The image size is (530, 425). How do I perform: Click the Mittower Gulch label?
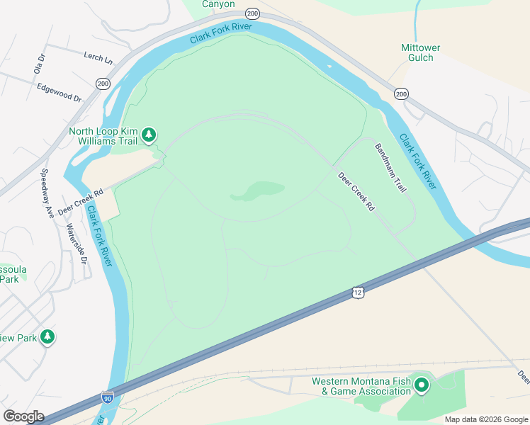421,52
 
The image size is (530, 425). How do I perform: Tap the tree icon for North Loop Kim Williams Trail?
149,134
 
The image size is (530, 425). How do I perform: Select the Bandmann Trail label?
390,169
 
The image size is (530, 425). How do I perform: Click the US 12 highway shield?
359,293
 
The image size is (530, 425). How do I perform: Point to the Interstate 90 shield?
108,398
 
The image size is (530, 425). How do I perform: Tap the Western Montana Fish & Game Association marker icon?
422,385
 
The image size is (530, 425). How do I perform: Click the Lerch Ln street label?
98,57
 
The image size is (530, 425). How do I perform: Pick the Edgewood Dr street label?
60,92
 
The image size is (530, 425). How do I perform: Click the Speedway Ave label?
47,192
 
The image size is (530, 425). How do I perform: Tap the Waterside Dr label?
77,244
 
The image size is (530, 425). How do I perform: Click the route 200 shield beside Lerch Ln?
103,84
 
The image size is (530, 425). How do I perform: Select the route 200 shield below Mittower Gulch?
401,93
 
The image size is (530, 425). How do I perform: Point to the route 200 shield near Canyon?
253,13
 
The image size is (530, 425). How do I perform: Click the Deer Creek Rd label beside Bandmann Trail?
356,193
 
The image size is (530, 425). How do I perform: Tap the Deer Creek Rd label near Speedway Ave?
81,201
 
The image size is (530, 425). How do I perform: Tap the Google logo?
23,416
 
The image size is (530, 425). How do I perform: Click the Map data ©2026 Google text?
486,419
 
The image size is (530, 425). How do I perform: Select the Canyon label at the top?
218,4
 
